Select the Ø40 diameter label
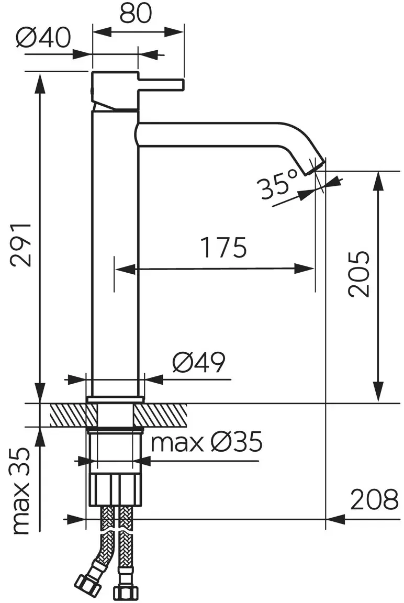44,38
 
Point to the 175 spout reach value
224,248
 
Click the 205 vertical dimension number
358,273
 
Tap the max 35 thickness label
21,491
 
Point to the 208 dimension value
374,499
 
